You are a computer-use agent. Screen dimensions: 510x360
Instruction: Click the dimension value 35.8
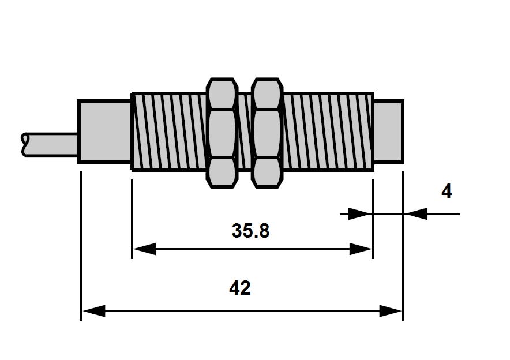tap(250, 231)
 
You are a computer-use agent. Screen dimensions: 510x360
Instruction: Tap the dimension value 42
tap(240, 288)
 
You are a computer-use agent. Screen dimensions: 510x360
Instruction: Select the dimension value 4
tap(447, 191)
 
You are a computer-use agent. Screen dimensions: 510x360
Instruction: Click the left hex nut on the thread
tap(222, 133)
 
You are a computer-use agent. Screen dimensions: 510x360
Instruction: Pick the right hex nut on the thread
tap(267, 133)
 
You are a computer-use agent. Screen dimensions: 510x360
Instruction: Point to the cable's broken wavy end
tap(24, 144)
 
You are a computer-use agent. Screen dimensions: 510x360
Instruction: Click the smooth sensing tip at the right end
tap(389, 132)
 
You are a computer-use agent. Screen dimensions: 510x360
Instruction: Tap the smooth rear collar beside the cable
tap(104, 132)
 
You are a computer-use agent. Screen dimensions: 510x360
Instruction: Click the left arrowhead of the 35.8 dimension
tap(144, 249)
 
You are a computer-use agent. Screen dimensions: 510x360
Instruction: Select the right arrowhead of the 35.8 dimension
tap(361, 249)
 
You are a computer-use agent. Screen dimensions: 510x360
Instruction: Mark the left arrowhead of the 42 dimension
tap(94, 311)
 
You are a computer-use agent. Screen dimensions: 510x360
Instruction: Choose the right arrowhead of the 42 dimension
tap(391, 311)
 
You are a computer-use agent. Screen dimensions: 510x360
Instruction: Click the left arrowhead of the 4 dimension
tap(360, 214)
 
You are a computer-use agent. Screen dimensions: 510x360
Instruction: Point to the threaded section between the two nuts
tap(245, 132)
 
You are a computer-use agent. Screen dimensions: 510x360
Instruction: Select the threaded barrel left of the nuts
tap(169, 132)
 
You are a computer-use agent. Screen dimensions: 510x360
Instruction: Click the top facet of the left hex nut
tap(222, 93)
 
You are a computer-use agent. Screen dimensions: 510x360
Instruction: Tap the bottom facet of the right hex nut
tap(267, 172)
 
